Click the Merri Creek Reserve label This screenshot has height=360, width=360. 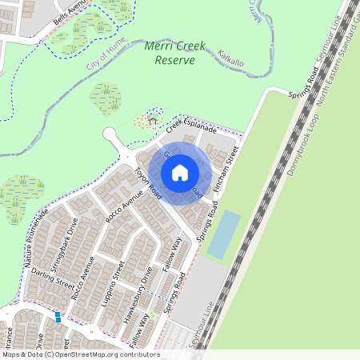(174, 53)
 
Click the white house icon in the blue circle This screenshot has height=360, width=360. (180, 173)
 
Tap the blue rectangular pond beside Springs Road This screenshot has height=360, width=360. (223, 234)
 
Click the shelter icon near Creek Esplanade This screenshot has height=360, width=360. (152, 121)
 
